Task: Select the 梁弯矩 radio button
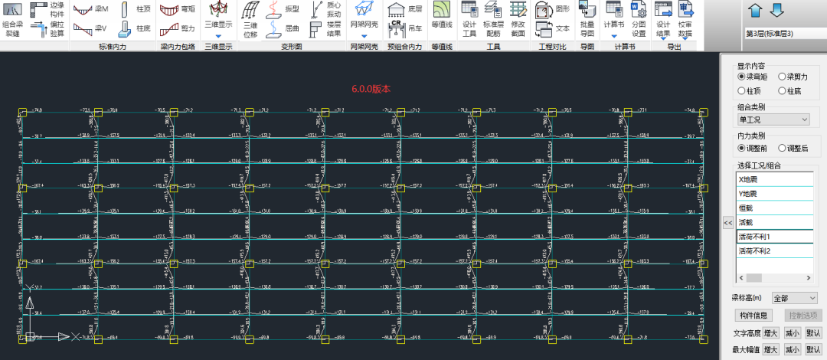click(x=741, y=77)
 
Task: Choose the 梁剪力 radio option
click(x=783, y=77)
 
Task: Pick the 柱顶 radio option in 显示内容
click(x=741, y=91)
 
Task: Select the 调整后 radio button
click(x=783, y=148)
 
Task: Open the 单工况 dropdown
click(x=773, y=119)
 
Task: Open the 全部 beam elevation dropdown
click(x=795, y=297)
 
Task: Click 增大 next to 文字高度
click(x=770, y=333)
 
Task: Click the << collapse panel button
click(x=728, y=222)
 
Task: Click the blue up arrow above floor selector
click(x=755, y=11)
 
